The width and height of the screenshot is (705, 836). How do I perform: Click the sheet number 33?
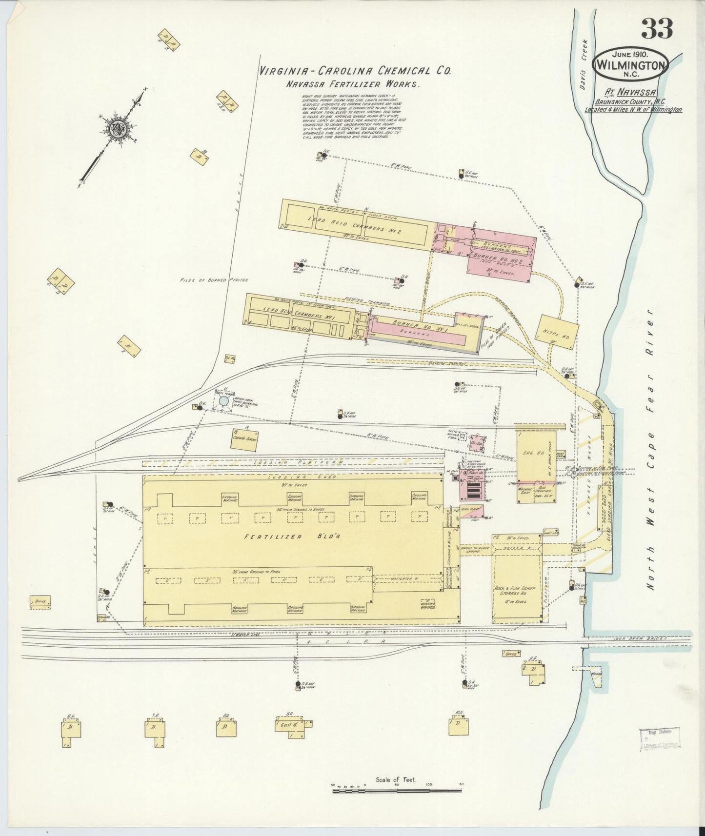pos(657,29)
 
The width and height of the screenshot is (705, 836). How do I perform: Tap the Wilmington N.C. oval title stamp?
pos(630,64)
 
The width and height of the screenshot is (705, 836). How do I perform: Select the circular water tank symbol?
pos(223,400)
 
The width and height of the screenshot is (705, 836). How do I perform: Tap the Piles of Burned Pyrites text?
pos(215,280)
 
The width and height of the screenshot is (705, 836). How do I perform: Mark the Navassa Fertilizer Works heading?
pos(353,84)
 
